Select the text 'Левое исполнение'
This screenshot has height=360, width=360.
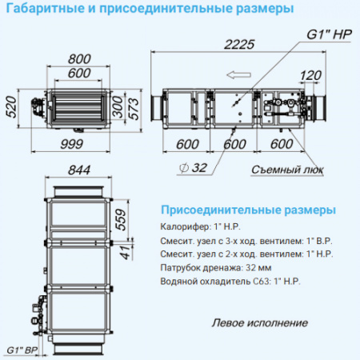tap(260, 323)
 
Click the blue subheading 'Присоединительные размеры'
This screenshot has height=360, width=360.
tap(242, 210)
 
